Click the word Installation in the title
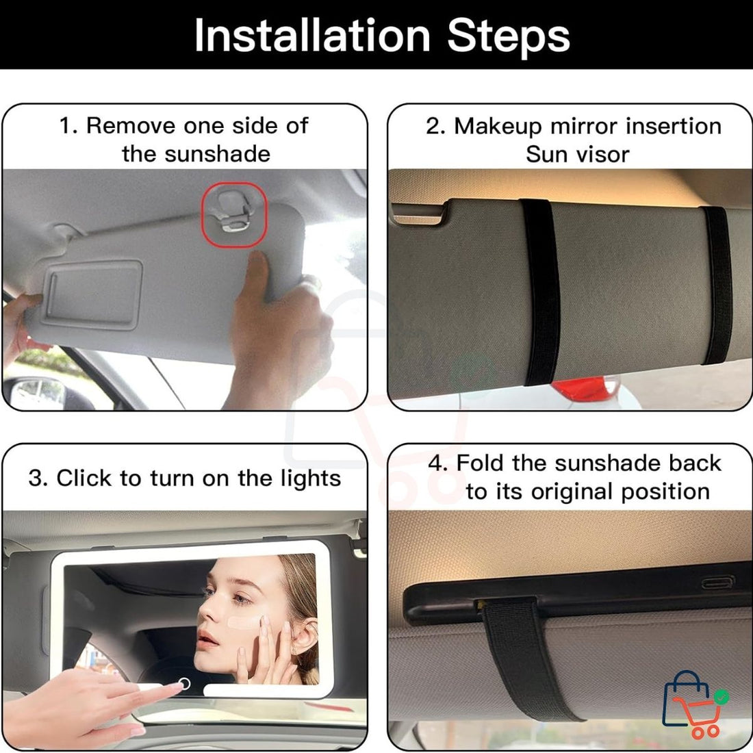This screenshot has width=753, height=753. tap(311, 36)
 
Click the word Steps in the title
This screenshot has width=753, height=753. tap(508, 36)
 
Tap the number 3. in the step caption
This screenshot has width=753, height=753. tap(38, 478)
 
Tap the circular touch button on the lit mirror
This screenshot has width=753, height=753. tap(184, 682)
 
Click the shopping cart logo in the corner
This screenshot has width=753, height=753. tap(693, 705)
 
